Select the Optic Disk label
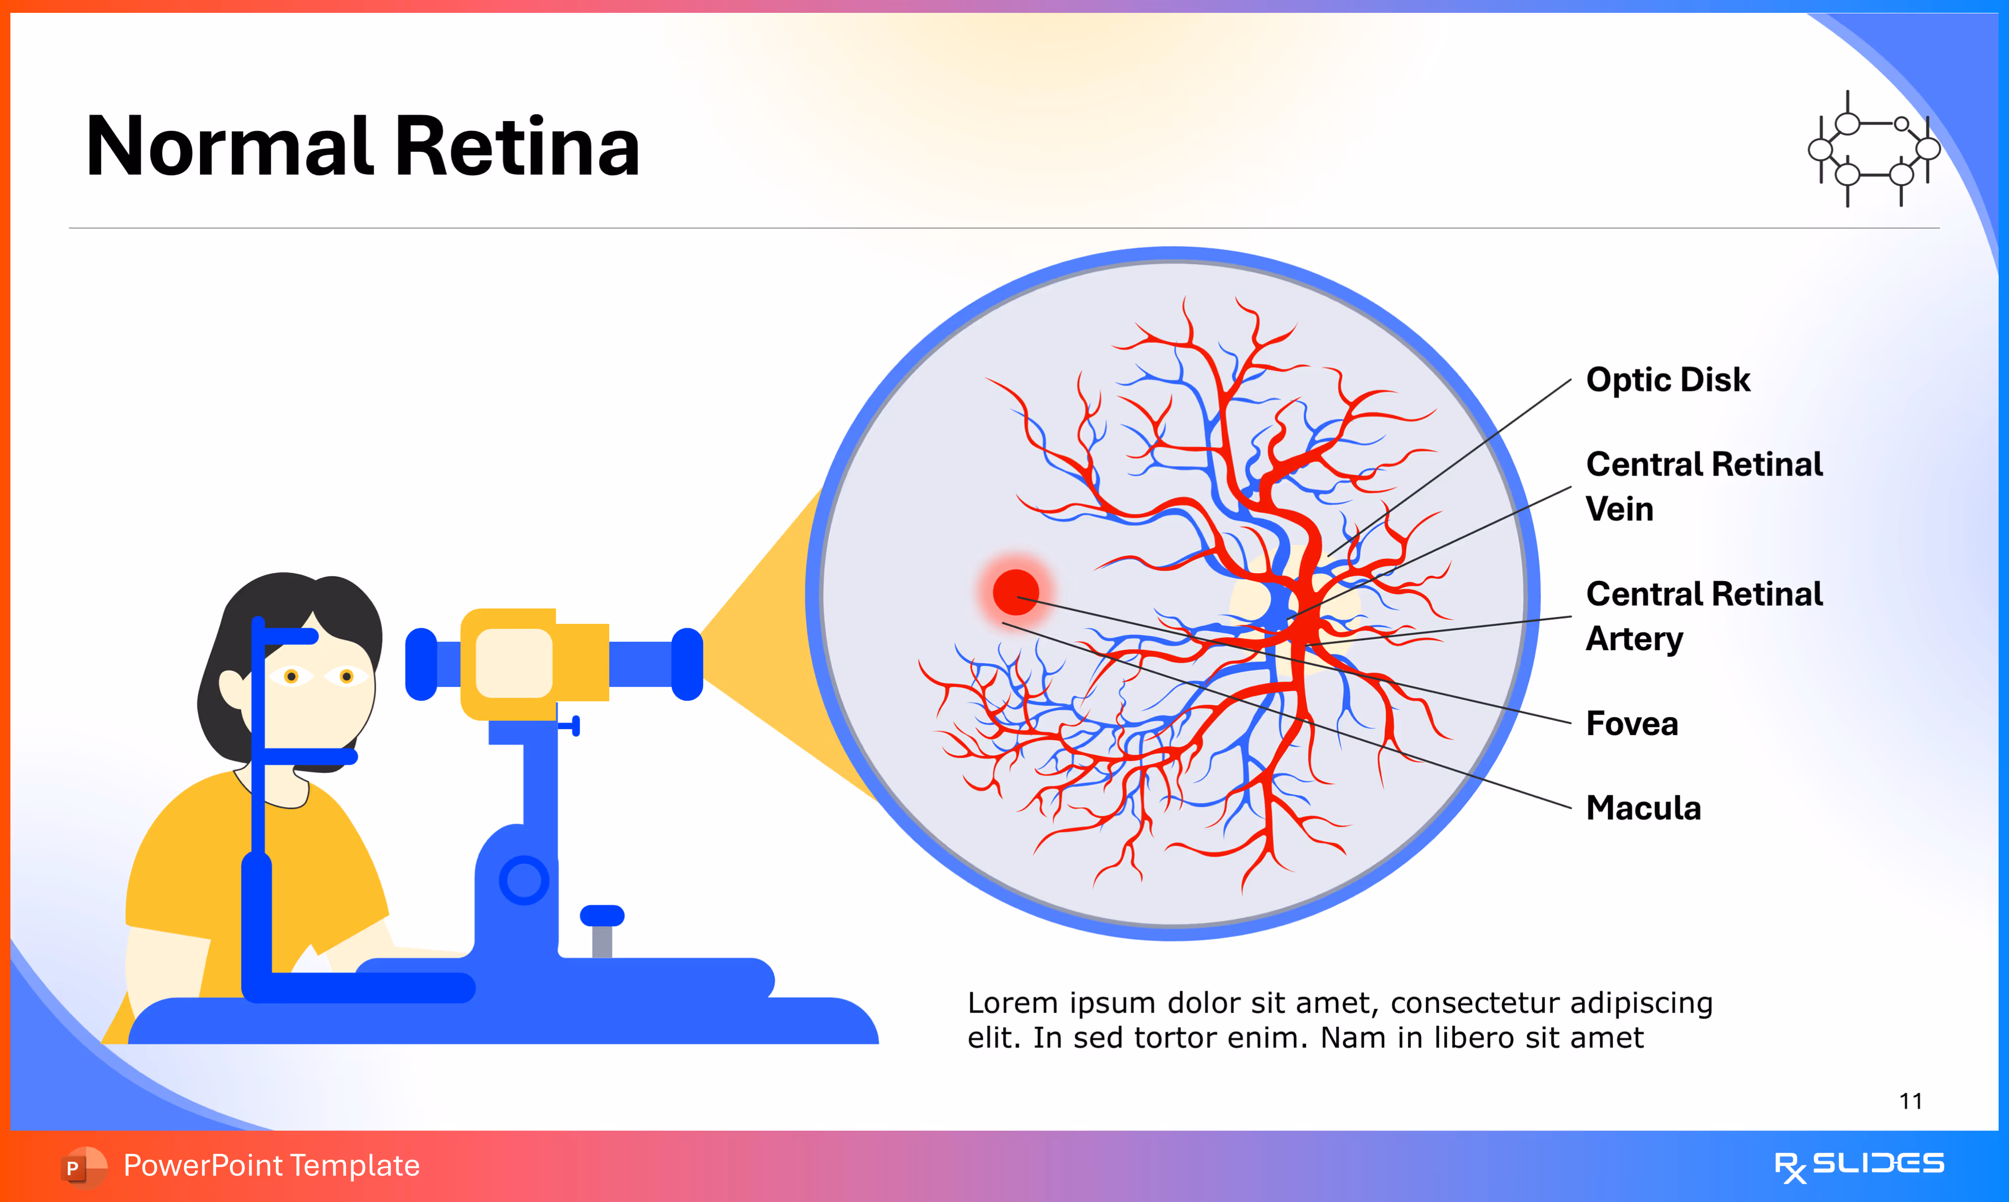click(1667, 380)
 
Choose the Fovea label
click(1631, 723)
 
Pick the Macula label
click(1643, 808)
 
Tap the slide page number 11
click(1910, 1102)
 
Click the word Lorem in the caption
click(1012, 1004)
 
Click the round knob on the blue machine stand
click(524, 880)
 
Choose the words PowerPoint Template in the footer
click(271, 1165)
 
